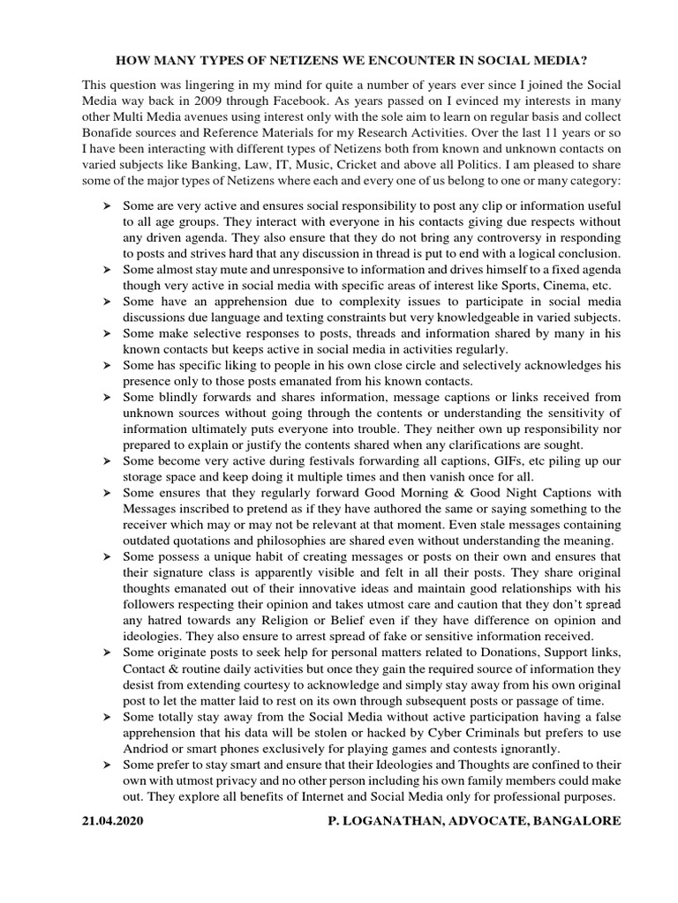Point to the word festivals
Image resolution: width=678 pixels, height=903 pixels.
313,461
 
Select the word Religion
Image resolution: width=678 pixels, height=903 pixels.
268,620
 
